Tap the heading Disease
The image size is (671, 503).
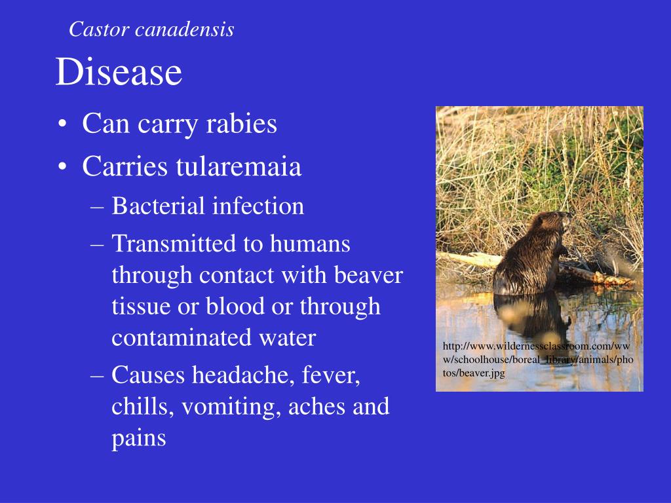[119, 72]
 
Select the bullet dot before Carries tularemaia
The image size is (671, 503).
[62, 168]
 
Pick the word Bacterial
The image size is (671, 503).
[159, 206]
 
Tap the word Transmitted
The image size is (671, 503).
[174, 244]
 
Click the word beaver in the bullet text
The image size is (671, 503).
[368, 275]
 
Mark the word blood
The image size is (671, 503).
[250, 307]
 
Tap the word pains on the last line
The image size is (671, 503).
[139, 438]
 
